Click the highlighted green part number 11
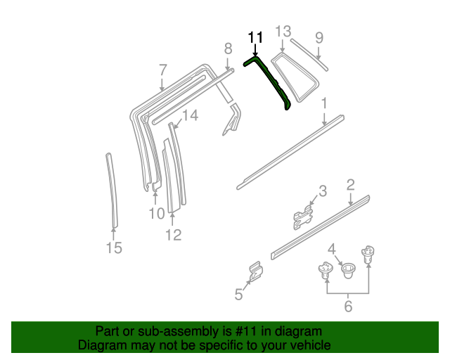(x=274, y=81)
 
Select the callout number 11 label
(x=255, y=37)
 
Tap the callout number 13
(x=282, y=32)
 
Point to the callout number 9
(x=319, y=37)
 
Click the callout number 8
(x=227, y=48)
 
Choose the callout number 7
(x=162, y=70)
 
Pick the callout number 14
(x=190, y=115)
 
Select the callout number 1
(x=324, y=104)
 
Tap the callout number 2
(x=349, y=185)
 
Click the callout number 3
(x=322, y=191)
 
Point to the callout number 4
(x=331, y=248)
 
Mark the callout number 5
(x=238, y=295)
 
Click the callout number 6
(x=348, y=306)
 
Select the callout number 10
(x=156, y=213)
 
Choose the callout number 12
(x=173, y=235)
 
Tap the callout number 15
(x=113, y=247)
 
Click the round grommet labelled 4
(x=347, y=268)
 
